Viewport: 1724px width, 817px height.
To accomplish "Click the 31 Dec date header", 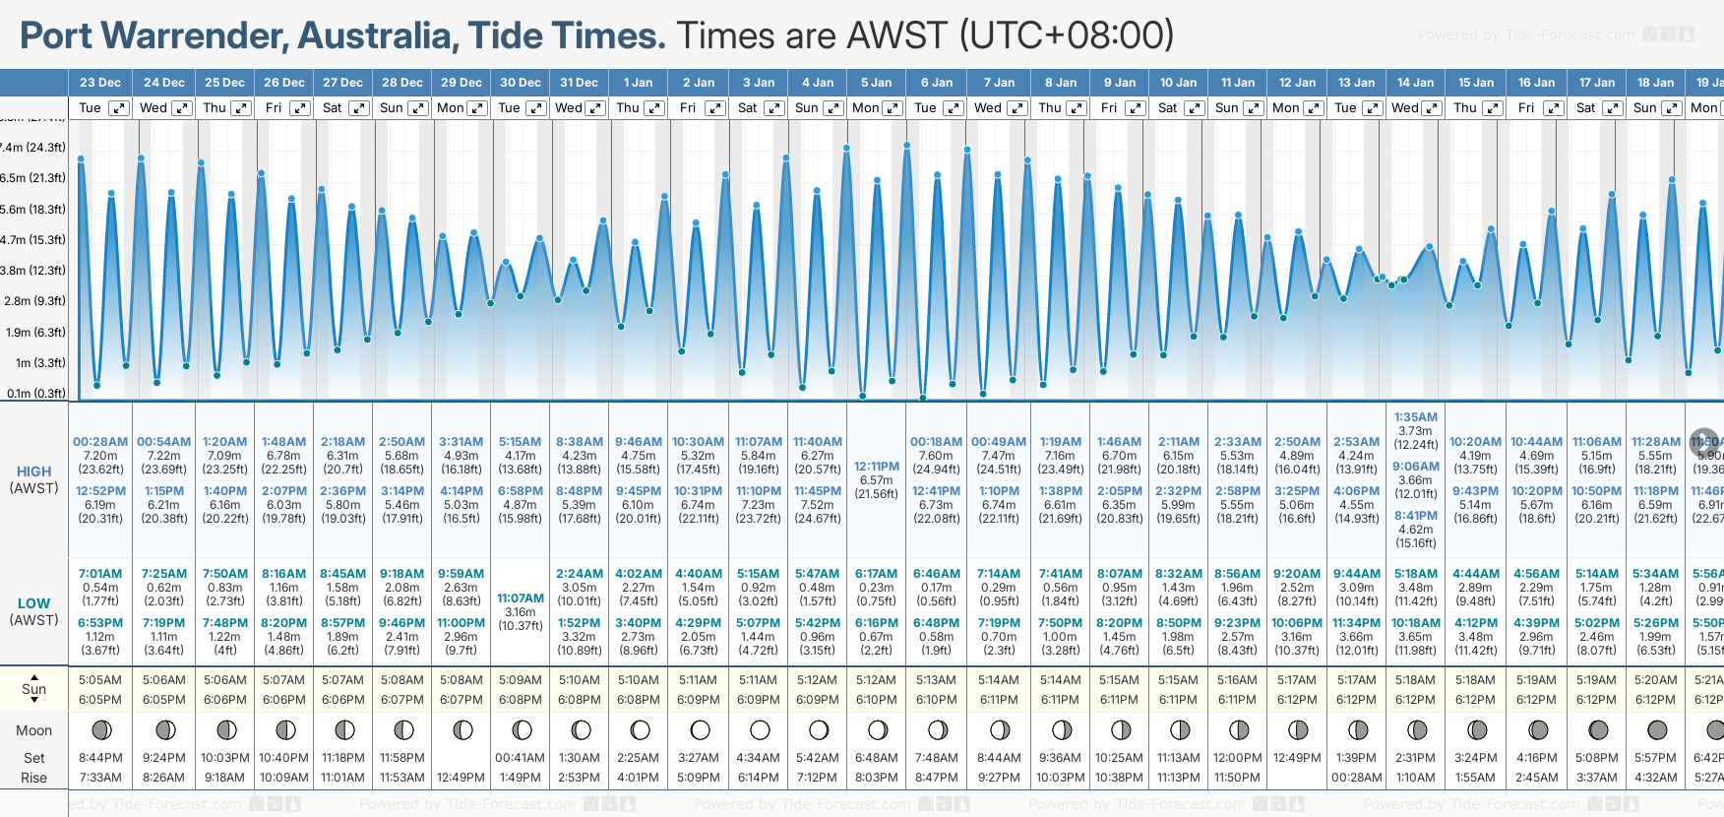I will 579,83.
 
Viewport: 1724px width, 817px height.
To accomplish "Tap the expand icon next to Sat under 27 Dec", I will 359,108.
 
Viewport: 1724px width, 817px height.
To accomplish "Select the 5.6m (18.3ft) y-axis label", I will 33,209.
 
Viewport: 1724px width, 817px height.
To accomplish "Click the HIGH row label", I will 33,471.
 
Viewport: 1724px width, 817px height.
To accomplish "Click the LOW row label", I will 33,603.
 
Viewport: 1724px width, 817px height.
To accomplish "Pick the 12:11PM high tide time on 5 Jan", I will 876,467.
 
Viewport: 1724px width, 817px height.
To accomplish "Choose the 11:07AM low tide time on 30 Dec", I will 520,598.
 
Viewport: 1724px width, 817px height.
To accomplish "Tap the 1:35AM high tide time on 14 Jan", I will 1415,417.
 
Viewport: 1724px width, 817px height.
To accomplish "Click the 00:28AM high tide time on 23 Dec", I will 100,442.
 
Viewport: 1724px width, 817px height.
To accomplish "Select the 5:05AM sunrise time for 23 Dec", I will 100,680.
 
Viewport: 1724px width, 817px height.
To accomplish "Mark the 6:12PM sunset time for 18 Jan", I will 1655,700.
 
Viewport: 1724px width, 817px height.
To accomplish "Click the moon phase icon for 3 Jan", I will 759,730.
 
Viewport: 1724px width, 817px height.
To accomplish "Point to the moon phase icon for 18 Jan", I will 1657,730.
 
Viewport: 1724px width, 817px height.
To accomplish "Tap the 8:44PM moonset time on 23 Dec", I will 100,758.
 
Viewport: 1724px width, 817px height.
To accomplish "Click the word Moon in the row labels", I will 33,730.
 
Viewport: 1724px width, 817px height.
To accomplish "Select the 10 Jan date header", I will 1178,83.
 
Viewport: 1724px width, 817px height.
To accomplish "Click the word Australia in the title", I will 376,36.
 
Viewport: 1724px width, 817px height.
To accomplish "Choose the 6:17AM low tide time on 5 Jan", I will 876,574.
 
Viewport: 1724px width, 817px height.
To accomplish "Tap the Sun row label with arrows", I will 33,687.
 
